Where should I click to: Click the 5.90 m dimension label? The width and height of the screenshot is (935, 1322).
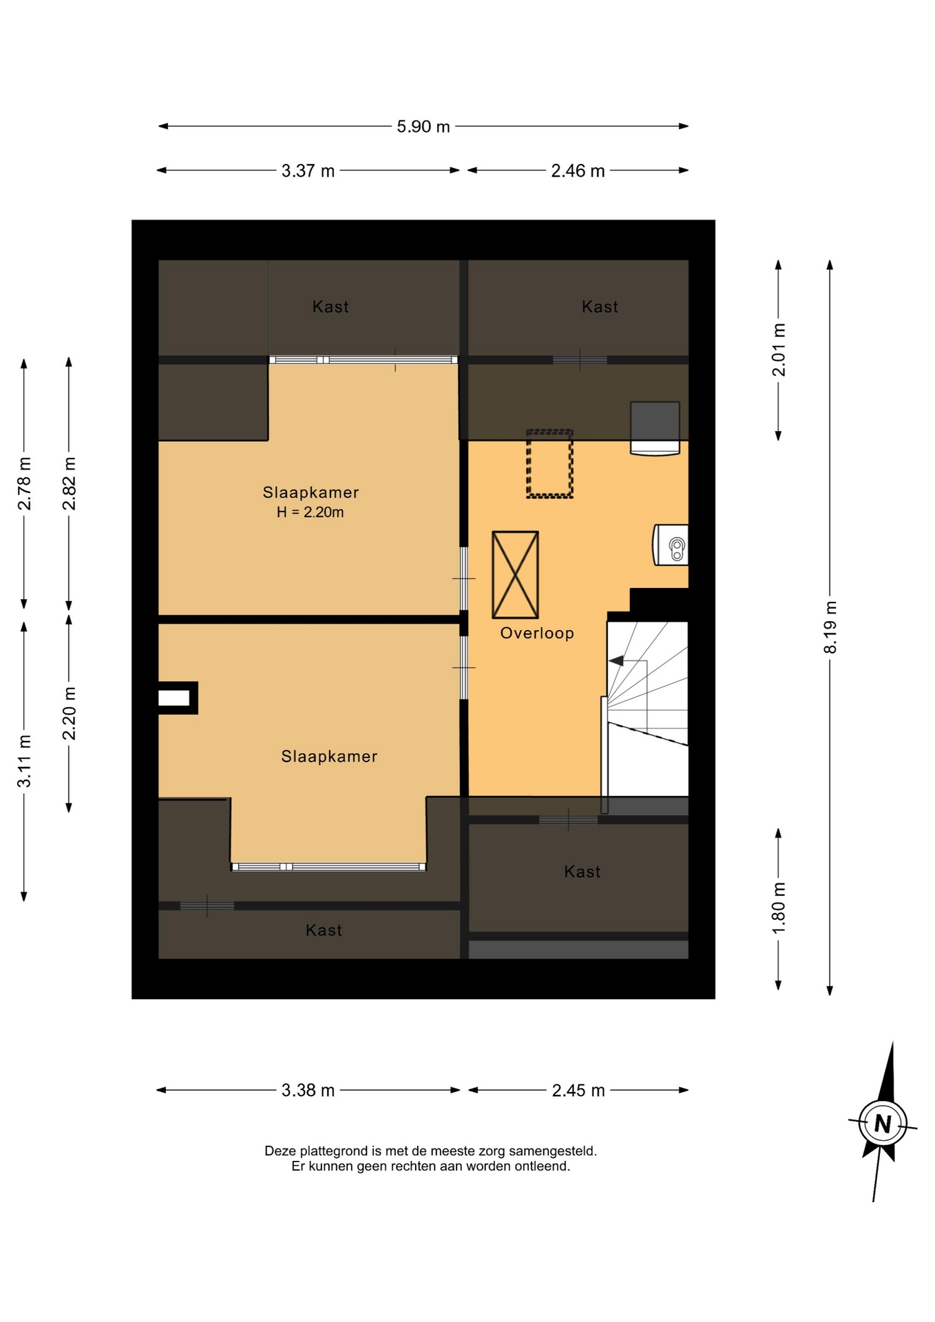423,127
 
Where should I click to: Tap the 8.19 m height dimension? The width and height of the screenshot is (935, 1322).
831,627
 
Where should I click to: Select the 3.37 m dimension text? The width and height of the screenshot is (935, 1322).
308,171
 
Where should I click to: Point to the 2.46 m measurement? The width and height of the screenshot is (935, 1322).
578,171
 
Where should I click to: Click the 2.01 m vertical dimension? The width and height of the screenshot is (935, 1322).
779,350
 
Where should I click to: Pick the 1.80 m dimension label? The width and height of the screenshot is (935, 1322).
779,908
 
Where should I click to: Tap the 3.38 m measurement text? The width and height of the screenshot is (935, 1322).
308,1090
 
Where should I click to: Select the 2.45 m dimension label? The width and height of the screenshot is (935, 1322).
578,1090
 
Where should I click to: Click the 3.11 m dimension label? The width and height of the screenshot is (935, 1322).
25,761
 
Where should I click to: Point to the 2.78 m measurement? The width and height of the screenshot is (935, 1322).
25,483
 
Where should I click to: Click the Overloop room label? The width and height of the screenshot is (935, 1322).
537,633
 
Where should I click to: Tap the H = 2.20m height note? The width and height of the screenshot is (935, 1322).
310,512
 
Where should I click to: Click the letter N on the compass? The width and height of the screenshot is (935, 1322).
883,1124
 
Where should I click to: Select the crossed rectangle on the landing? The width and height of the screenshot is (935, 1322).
515,574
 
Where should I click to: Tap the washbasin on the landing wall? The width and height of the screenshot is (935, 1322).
671,545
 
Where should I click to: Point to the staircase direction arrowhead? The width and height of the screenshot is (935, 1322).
616,661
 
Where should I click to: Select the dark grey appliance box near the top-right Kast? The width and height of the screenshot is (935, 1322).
655,428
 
